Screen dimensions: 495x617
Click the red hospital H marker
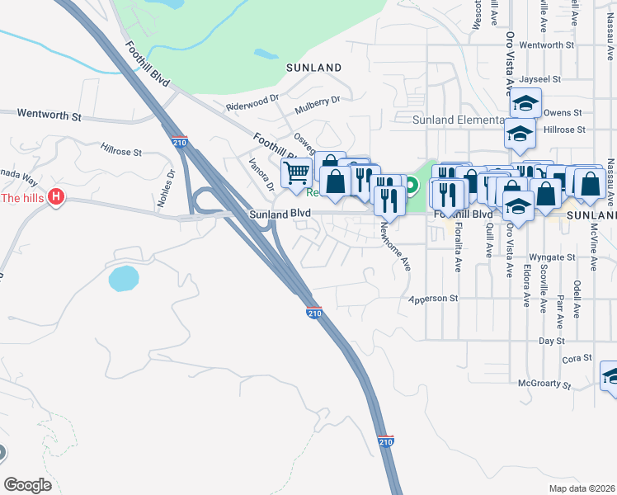[56, 197]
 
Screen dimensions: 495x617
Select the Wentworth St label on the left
[50, 115]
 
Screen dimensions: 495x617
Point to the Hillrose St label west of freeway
[121, 153]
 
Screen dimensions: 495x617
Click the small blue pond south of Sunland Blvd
[124, 278]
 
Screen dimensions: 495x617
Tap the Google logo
[27, 485]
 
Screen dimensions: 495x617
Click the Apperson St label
[433, 298]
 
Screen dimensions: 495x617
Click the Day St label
[550, 340]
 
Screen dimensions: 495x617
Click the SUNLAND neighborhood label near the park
[313, 67]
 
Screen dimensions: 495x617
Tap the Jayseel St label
[540, 80]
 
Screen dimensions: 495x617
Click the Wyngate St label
[546, 257]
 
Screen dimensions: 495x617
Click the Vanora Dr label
[261, 174]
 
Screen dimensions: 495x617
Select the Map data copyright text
[583, 488]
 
